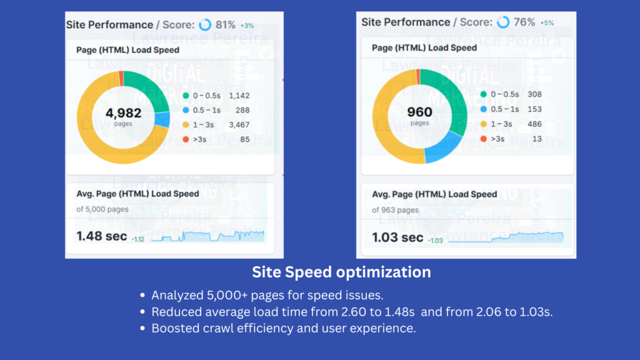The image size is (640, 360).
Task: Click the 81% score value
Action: point(226,25)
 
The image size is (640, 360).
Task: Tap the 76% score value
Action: point(524,22)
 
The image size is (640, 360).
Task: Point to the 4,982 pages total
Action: point(123,114)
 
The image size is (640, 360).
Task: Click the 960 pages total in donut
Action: point(419,112)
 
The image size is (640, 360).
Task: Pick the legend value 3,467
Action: point(239,124)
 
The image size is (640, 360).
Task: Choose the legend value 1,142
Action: point(239,95)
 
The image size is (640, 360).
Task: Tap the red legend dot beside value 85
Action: point(186,139)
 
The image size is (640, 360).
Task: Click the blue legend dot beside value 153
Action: point(484,109)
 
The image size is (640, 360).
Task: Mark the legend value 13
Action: point(537,139)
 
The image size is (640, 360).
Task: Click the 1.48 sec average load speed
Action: point(101,236)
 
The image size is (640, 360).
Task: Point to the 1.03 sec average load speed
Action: point(397,237)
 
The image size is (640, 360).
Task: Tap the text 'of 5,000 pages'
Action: point(102,209)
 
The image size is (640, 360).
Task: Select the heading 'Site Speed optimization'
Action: point(341,272)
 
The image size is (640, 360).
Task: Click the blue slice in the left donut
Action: point(162,119)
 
